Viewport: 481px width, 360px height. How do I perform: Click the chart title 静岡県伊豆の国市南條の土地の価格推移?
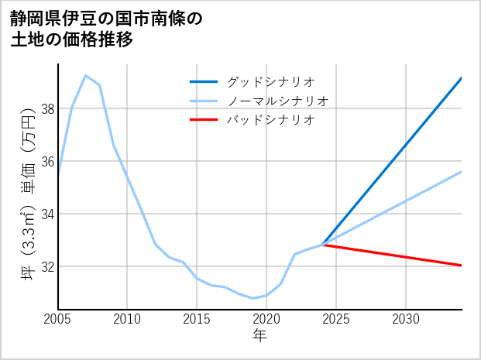point(106,29)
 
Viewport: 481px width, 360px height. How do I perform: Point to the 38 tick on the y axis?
point(47,109)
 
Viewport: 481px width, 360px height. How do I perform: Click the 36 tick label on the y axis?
point(47,162)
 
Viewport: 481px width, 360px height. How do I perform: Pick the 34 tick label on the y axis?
point(47,214)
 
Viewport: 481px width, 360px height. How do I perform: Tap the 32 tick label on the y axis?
point(47,266)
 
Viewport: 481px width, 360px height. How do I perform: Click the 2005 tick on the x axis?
point(58,319)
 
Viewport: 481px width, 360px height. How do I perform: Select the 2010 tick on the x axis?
point(127,319)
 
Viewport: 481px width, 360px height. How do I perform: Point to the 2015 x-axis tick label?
point(197,319)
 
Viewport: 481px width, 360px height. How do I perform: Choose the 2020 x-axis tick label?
point(266,319)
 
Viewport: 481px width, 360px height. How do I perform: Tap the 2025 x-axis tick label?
point(336,319)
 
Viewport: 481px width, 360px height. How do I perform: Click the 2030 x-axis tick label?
point(406,319)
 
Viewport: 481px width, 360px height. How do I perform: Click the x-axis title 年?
point(259,336)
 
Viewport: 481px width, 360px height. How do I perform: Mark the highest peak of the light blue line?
point(85,75)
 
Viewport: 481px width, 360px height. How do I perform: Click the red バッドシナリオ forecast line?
point(395,255)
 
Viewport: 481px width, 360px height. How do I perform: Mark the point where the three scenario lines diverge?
point(323,245)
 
